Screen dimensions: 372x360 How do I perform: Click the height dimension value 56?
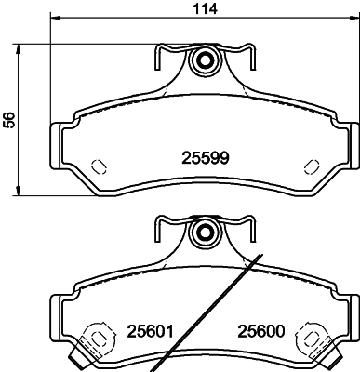pos(9,119)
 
